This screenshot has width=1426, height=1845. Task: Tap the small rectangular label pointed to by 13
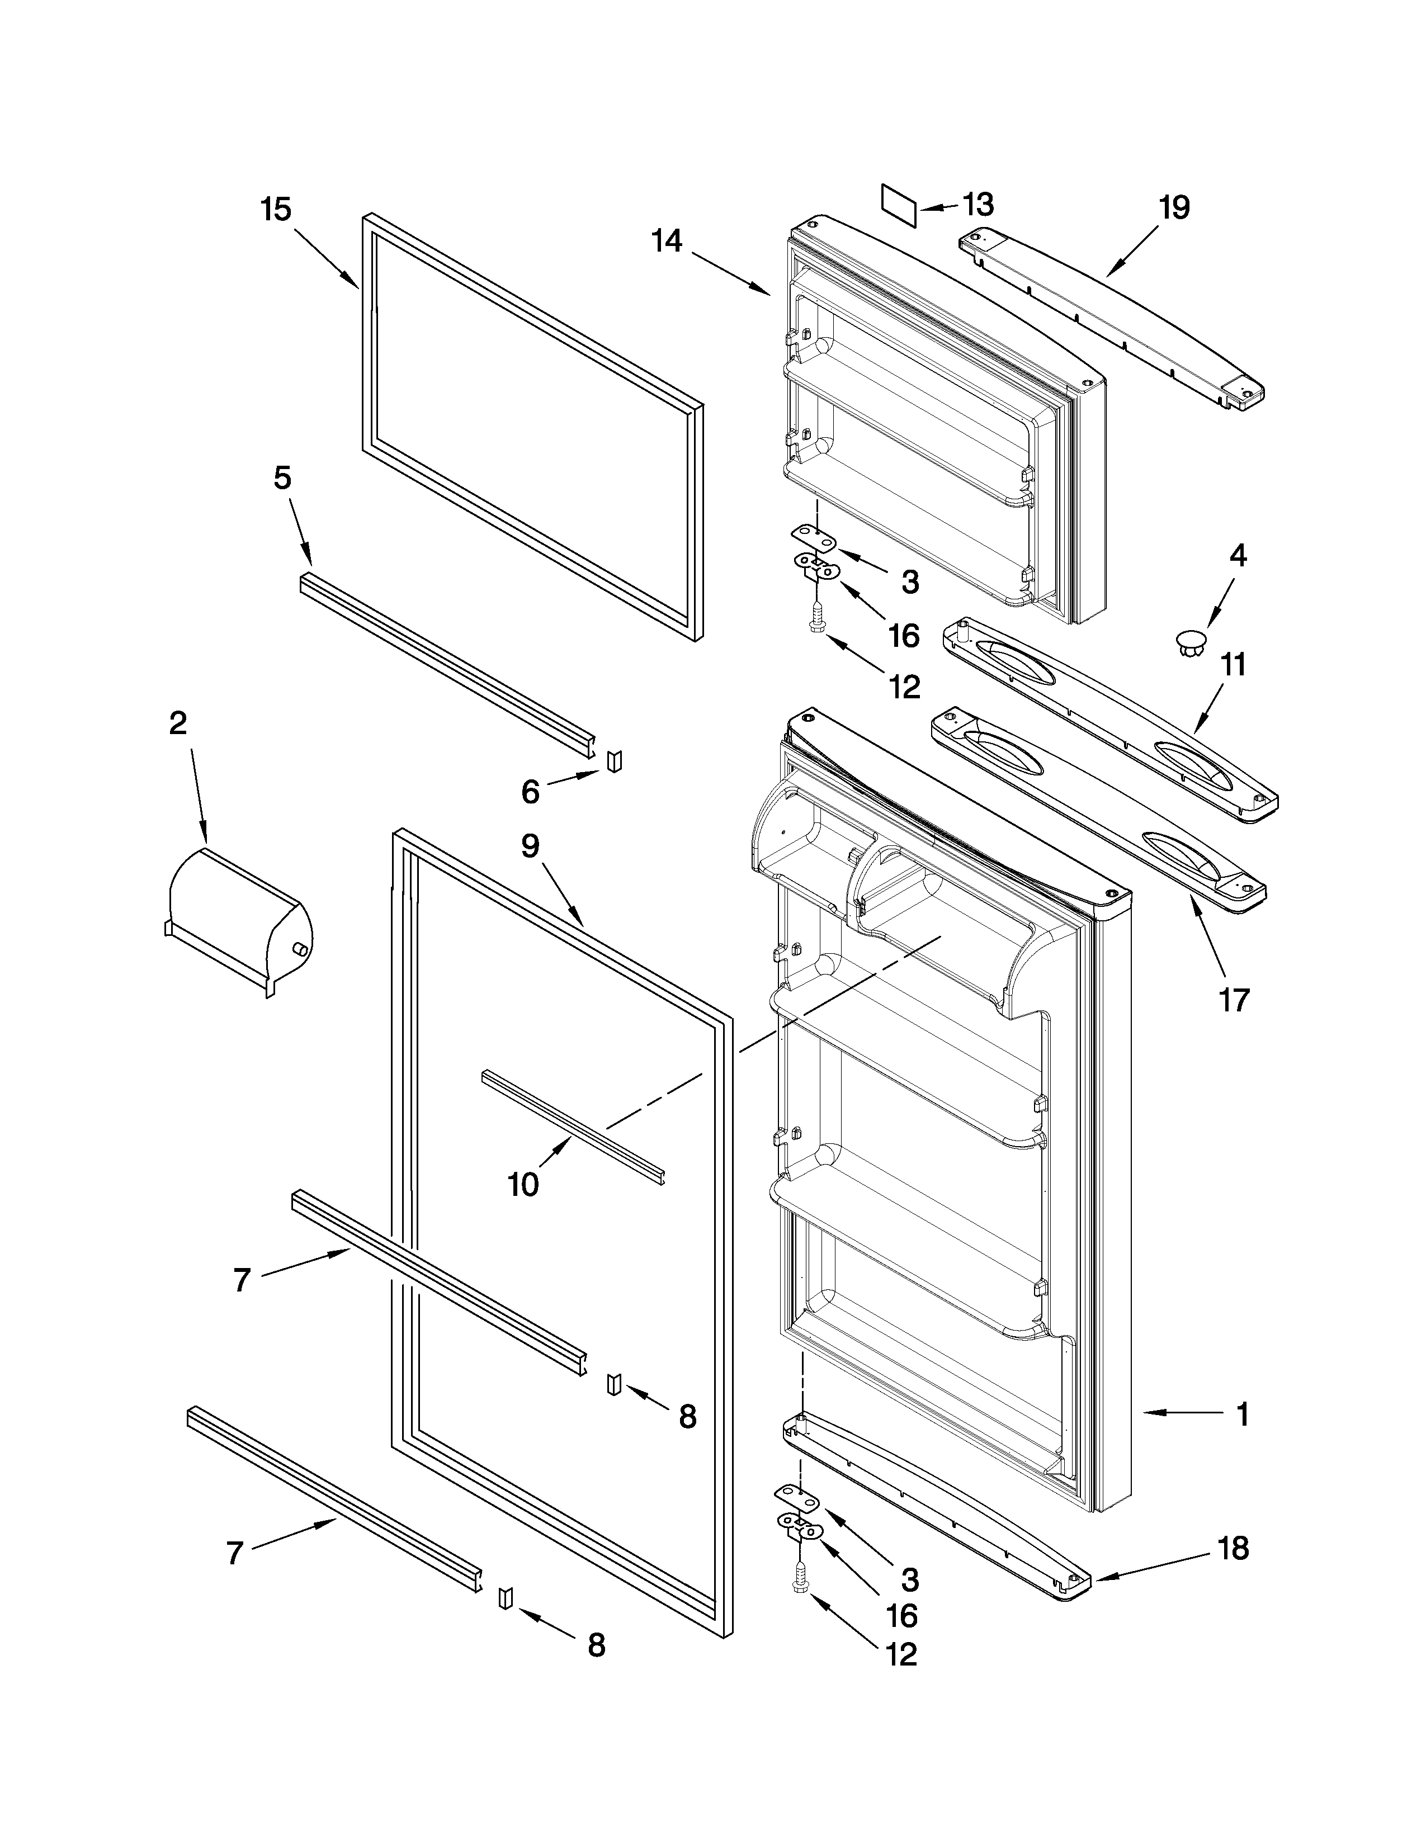click(899, 205)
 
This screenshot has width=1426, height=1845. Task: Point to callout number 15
click(276, 210)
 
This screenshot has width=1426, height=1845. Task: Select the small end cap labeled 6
click(614, 760)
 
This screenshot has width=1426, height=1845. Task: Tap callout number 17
click(1234, 1000)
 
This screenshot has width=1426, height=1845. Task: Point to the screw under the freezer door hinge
click(818, 625)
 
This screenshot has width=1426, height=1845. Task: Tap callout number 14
click(667, 242)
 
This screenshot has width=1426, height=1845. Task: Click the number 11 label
click(1234, 665)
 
